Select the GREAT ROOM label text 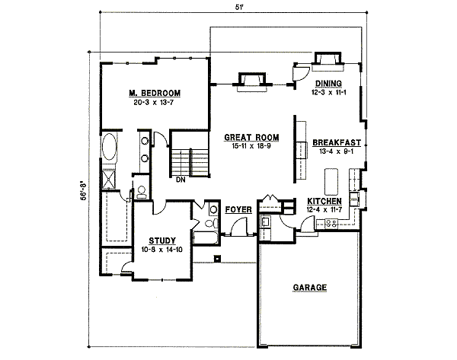251,138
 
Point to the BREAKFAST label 335,142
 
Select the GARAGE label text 310,288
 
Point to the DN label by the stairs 181,180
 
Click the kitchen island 332,181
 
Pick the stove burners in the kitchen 331,223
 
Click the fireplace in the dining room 328,60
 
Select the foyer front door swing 241,225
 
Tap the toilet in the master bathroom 141,193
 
